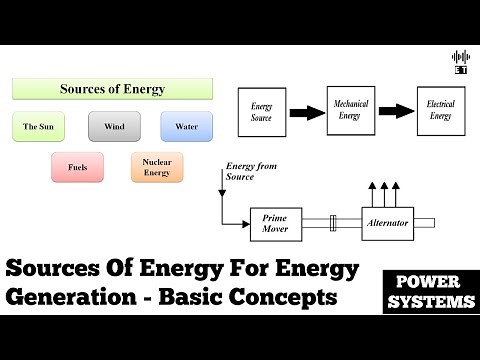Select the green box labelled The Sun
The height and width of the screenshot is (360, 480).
(38, 127)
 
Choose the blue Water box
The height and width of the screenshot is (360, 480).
(185, 127)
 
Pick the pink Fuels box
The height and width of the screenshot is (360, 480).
(77, 167)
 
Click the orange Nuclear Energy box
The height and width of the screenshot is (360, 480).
(156, 167)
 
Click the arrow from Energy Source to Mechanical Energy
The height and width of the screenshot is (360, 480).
(306, 111)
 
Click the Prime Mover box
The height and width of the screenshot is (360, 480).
(274, 223)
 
